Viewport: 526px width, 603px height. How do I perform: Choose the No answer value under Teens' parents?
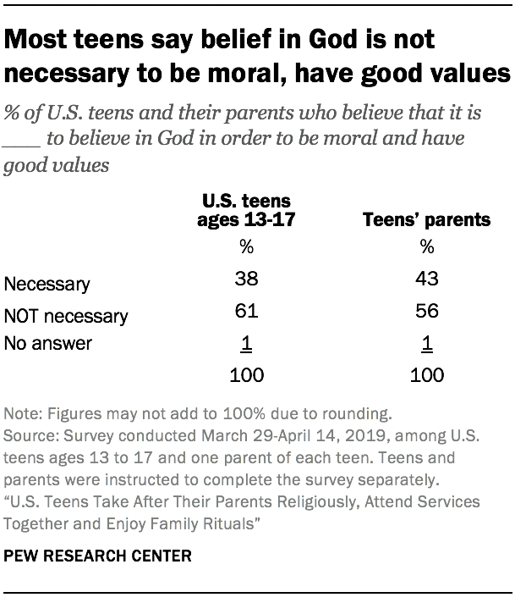[426, 345]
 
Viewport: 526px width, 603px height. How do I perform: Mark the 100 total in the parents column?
[426, 374]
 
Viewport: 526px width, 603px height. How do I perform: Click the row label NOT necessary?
[66, 316]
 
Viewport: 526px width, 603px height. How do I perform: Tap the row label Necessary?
[47, 285]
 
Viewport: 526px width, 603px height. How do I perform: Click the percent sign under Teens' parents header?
[426, 248]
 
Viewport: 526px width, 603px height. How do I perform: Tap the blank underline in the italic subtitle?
[19, 141]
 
